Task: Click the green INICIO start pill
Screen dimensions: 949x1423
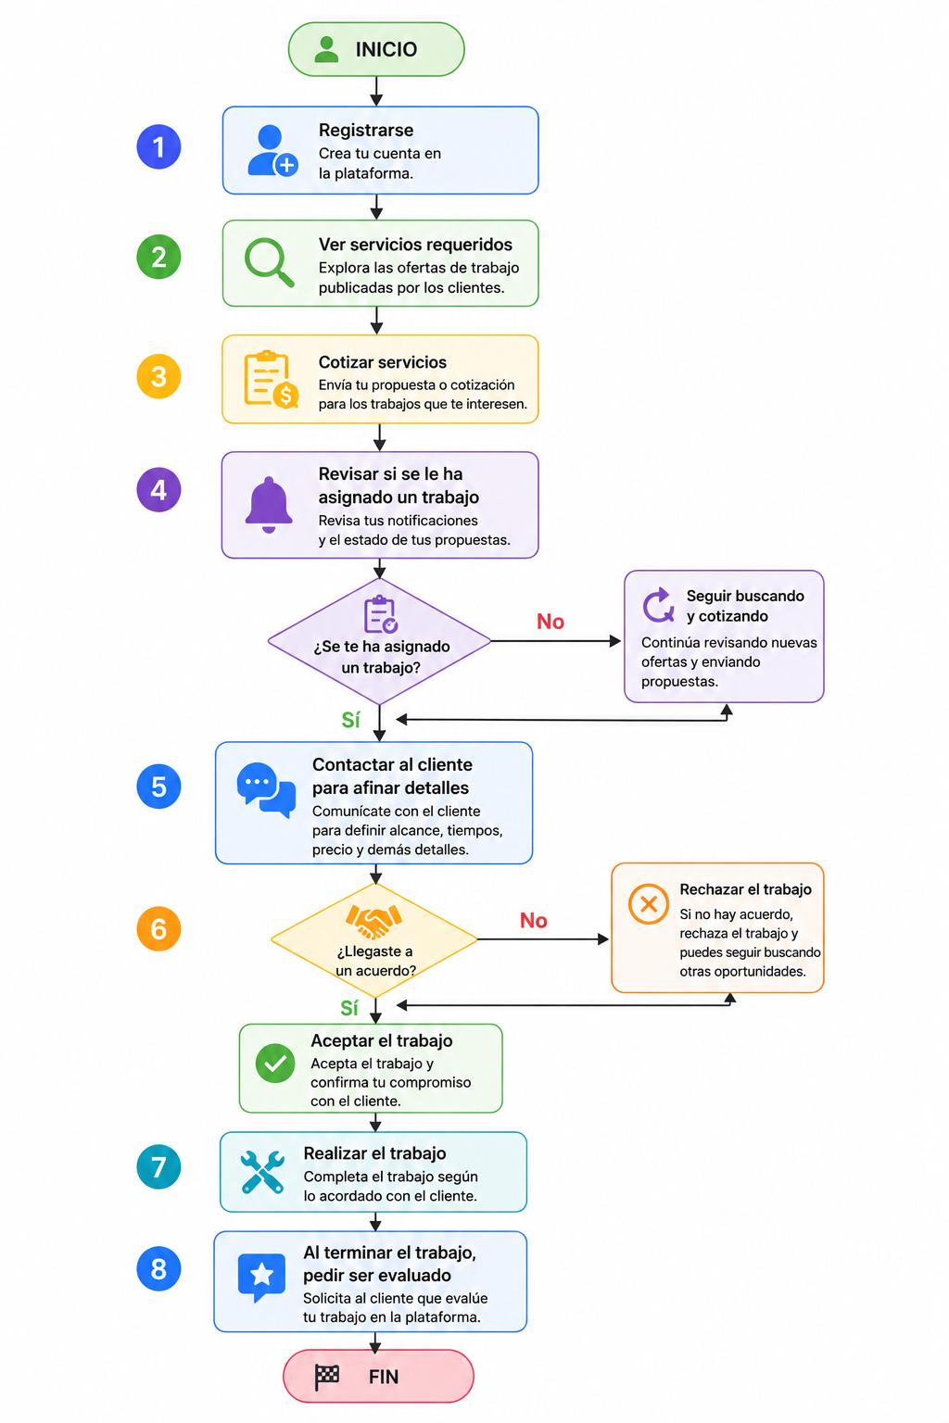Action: tap(376, 49)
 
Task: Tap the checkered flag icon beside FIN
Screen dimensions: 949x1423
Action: tap(327, 1377)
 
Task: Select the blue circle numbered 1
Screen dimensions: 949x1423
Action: tap(158, 146)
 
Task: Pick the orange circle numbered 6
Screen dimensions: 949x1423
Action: tap(158, 929)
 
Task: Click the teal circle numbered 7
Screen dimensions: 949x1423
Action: tap(158, 1167)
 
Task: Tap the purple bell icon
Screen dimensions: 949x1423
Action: tap(269, 505)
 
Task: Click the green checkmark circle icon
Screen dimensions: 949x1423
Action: tap(274, 1063)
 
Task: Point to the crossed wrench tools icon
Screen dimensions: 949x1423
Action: tap(262, 1171)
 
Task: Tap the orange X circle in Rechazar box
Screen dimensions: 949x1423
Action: tap(649, 903)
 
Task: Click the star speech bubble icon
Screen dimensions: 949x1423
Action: tap(261, 1276)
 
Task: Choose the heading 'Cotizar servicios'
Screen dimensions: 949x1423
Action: tap(383, 362)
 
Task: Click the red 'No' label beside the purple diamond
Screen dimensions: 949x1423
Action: tap(550, 622)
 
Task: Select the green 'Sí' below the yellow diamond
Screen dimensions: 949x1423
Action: tap(349, 1008)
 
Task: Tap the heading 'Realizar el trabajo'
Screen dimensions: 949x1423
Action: tap(375, 1153)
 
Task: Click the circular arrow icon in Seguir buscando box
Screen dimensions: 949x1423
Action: tap(658, 605)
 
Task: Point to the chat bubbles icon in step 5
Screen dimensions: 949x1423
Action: tap(266, 789)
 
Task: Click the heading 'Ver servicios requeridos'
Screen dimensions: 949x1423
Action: tap(416, 245)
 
